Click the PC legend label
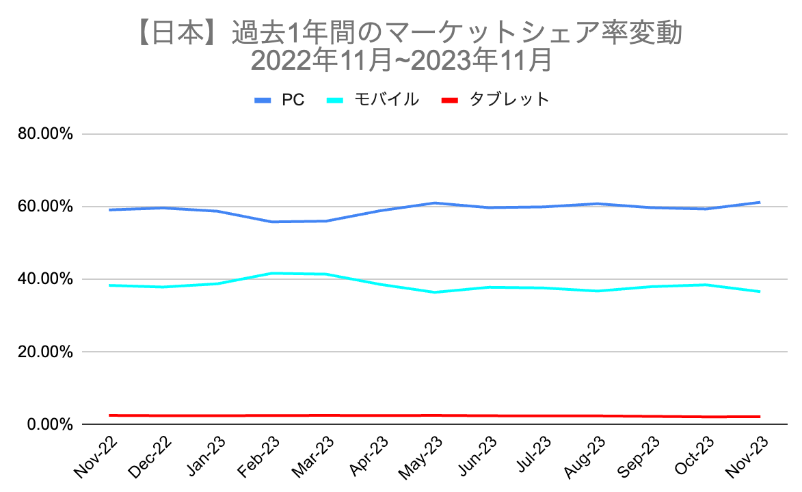click(293, 100)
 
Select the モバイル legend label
click(386, 100)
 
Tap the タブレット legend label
click(509, 100)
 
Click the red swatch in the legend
click(449, 100)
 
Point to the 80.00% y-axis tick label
click(44, 134)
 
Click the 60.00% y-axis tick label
click(44, 207)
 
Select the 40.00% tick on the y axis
click(44, 279)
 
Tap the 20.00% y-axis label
click(44, 352)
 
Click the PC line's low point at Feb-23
click(271, 222)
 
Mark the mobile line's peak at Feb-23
click(271, 273)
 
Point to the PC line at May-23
click(434, 203)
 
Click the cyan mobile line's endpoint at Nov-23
click(760, 292)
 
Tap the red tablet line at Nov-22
click(109, 415)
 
